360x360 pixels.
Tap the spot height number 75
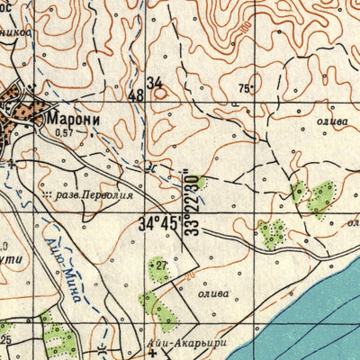pyautogui.click(x=243, y=87)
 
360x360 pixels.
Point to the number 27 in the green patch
pyautogui.click(x=159, y=266)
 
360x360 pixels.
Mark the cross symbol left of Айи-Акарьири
pyautogui.click(x=154, y=353)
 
